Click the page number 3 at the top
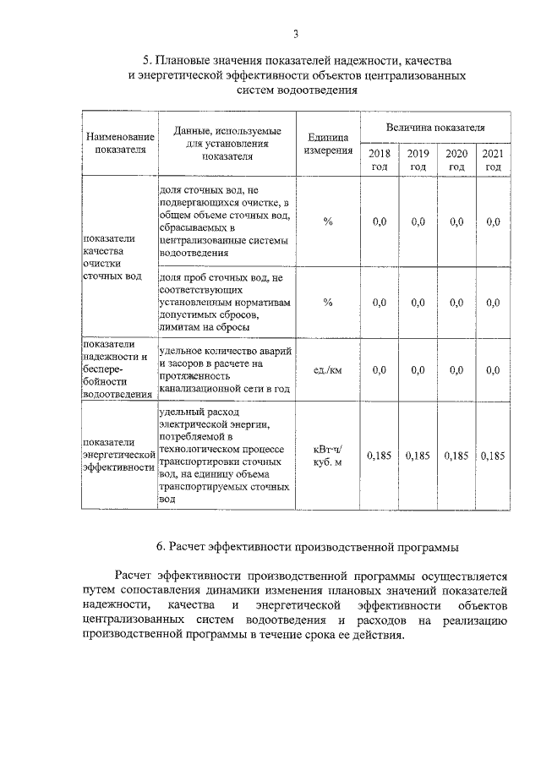point(296,34)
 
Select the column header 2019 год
point(418,160)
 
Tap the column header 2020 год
point(456,160)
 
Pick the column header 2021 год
point(492,160)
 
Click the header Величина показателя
point(435,127)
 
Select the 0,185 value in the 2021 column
point(492,456)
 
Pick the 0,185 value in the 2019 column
point(418,456)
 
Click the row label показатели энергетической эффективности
point(119,455)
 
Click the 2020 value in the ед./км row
point(456,369)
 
